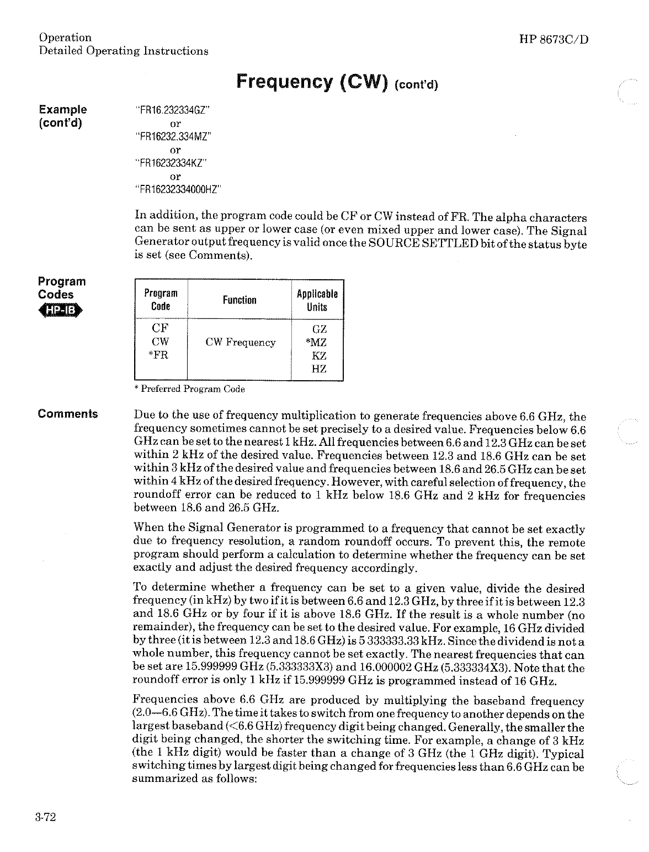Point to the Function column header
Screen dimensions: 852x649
(240, 300)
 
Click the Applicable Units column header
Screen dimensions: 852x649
(317, 300)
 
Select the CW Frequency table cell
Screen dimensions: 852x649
(240, 343)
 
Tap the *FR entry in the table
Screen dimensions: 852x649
(159, 355)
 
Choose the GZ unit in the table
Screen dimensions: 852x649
(319, 329)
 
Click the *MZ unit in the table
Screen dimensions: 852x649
(317, 343)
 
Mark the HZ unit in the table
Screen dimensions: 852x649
(319, 369)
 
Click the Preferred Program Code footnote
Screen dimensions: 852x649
(189, 389)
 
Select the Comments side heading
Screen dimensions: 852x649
(68, 414)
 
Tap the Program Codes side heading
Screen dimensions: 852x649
(62, 287)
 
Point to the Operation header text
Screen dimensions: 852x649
(65, 38)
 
